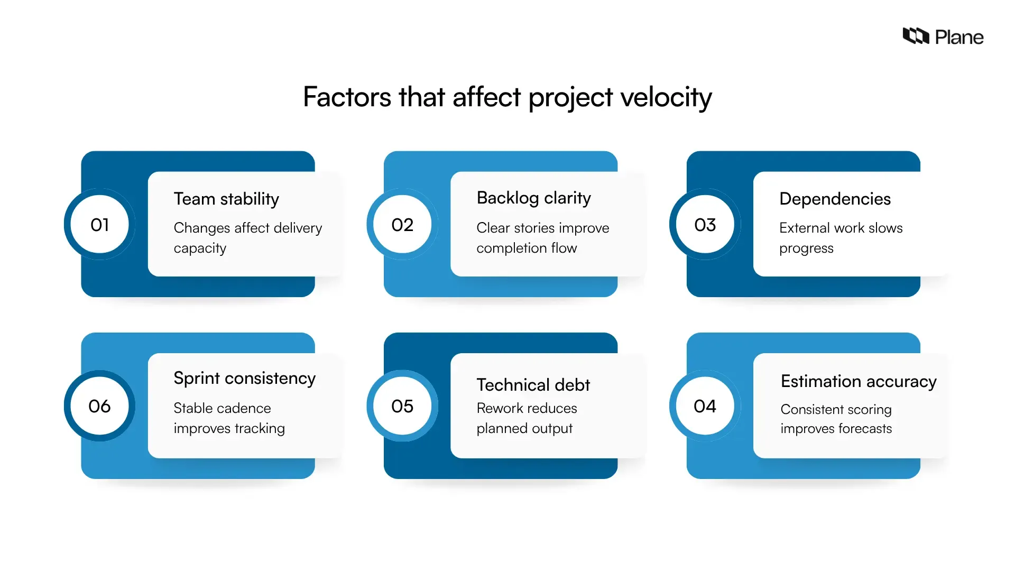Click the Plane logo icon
coord(916,36)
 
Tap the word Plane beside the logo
coord(959,37)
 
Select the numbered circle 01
coord(99,225)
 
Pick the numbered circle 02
coord(402,225)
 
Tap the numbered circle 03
coord(705,225)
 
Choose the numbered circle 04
coord(705,406)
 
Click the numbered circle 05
coord(402,406)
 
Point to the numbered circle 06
coord(99,406)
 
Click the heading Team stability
coord(226,199)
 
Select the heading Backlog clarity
coord(533,198)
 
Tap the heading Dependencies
coord(835,199)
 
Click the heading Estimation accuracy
coord(859,381)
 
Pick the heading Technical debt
coord(533,385)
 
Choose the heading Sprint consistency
coord(244,378)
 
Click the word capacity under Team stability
coord(200,248)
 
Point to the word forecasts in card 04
coord(865,429)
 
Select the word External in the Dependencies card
coord(804,228)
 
